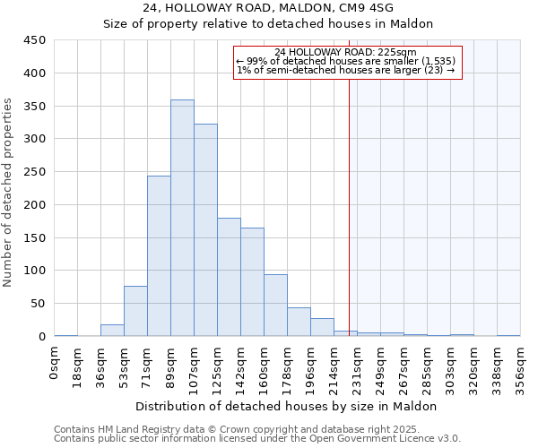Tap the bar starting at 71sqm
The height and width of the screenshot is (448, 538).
[159, 256]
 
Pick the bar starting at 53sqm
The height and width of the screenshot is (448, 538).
[135, 311]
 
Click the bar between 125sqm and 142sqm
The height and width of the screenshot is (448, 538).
[229, 277]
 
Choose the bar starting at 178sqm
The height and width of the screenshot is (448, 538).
[299, 322]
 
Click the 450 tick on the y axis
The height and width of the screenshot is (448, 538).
[34, 40]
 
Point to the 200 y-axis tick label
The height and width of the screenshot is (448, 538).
[34, 205]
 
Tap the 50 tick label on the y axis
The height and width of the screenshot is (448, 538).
[38, 304]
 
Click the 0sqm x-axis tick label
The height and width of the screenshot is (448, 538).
[55, 365]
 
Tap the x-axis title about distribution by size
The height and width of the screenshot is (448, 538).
[287, 406]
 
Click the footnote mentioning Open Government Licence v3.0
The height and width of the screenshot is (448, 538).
[257, 439]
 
